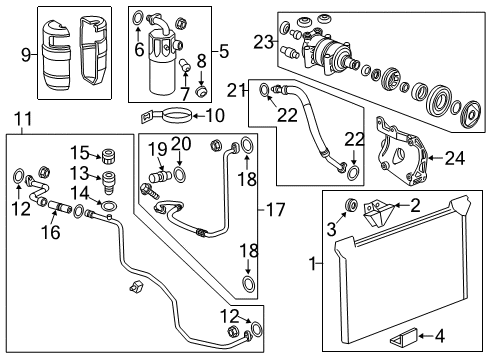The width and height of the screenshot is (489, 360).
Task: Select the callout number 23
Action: tap(264, 41)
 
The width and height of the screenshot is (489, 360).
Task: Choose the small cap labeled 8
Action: tap(202, 93)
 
